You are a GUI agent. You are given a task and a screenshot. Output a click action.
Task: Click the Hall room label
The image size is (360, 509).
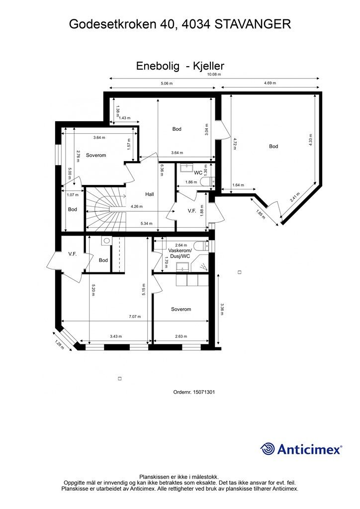pos(149,194)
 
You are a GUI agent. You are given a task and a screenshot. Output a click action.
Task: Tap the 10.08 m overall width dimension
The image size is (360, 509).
pos(214,74)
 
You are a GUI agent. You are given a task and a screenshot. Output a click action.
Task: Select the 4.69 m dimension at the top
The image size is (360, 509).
pos(270,84)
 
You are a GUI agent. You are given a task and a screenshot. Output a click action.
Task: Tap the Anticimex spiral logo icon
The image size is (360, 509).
pos(268,449)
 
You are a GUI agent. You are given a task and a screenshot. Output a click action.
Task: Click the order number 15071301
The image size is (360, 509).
pos(204,392)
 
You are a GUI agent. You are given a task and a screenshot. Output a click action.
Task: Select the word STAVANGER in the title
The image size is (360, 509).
pos(253,24)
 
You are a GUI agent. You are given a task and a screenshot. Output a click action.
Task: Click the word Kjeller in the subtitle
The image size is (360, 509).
pos(209,65)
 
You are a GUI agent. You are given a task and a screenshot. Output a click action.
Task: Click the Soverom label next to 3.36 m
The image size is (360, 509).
pos(181,309)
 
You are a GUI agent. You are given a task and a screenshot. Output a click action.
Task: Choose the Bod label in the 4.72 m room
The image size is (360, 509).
pos(273,147)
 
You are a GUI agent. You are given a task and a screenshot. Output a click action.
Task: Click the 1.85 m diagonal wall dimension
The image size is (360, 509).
pos(261,216)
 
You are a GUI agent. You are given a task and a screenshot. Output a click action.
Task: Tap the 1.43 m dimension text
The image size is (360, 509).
pos(125,118)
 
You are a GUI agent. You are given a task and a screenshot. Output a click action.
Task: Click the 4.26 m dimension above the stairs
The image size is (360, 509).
pos(136,207)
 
